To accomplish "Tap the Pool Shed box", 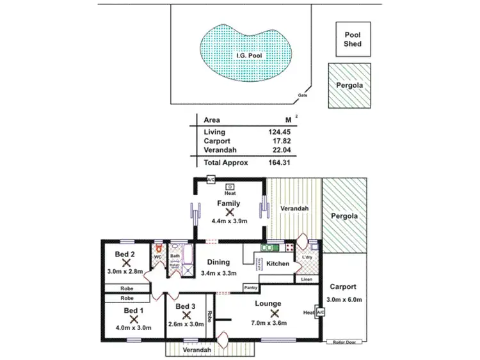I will [353, 40].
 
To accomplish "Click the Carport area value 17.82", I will [282, 142].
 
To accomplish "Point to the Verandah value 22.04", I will [282, 151].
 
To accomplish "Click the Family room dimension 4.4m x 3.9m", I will [228, 221].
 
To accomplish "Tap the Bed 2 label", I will [124, 254].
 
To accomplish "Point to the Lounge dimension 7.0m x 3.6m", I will [273, 324].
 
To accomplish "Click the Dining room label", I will [218, 262].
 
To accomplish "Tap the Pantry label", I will [251, 288].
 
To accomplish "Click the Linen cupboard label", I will [306, 279].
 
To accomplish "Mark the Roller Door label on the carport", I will [344, 342].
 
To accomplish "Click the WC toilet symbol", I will [157, 249].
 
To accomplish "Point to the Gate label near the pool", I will [302, 95].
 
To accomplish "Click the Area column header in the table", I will [212, 120].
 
